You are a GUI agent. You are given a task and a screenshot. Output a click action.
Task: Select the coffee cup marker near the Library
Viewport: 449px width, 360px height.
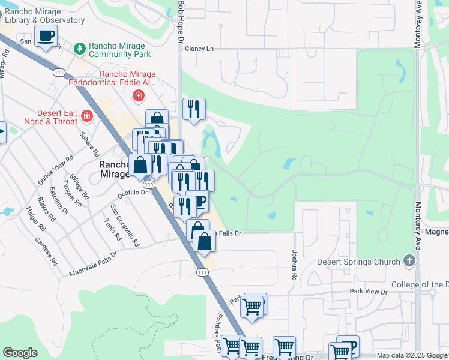46,36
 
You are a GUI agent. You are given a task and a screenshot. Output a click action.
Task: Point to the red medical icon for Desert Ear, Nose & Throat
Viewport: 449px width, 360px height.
87,115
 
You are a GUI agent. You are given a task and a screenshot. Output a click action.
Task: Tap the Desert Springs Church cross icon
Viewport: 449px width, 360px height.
409,261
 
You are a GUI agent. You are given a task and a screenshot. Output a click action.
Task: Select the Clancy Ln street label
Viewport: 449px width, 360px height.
199,49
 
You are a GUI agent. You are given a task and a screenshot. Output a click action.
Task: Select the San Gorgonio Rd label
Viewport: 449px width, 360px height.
124,226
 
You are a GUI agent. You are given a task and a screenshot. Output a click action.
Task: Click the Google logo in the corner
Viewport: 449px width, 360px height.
20,353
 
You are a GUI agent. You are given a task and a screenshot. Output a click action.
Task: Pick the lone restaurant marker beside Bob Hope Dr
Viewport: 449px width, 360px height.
194,110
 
